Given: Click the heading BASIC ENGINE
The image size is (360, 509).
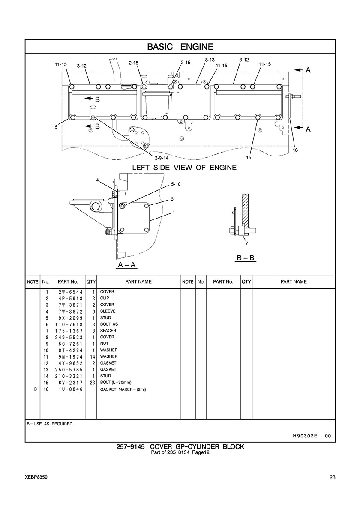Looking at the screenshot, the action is click(x=180, y=47).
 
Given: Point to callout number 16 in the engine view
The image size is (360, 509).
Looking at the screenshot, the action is click(x=295, y=150).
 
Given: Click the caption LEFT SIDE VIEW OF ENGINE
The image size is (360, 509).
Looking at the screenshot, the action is click(x=184, y=168).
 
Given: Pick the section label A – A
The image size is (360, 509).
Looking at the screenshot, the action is click(x=127, y=265).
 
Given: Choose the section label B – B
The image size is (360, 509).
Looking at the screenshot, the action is click(x=246, y=258).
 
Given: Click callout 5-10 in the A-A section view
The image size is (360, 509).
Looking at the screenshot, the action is click(x=176, y=184).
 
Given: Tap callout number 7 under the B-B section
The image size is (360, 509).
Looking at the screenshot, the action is click(x=246, y=243).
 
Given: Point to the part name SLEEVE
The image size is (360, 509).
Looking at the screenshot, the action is click(x=108, y=311).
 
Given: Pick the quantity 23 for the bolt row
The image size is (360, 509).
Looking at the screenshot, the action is click(x=92, y=383).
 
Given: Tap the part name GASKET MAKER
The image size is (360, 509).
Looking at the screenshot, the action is click(x=115, y=389).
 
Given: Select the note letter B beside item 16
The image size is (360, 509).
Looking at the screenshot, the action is click(x=35, y=389).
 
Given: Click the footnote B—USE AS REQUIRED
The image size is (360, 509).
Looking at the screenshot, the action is click(x=50, y=424).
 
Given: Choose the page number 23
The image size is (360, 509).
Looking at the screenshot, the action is click(x=333, y=477).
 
